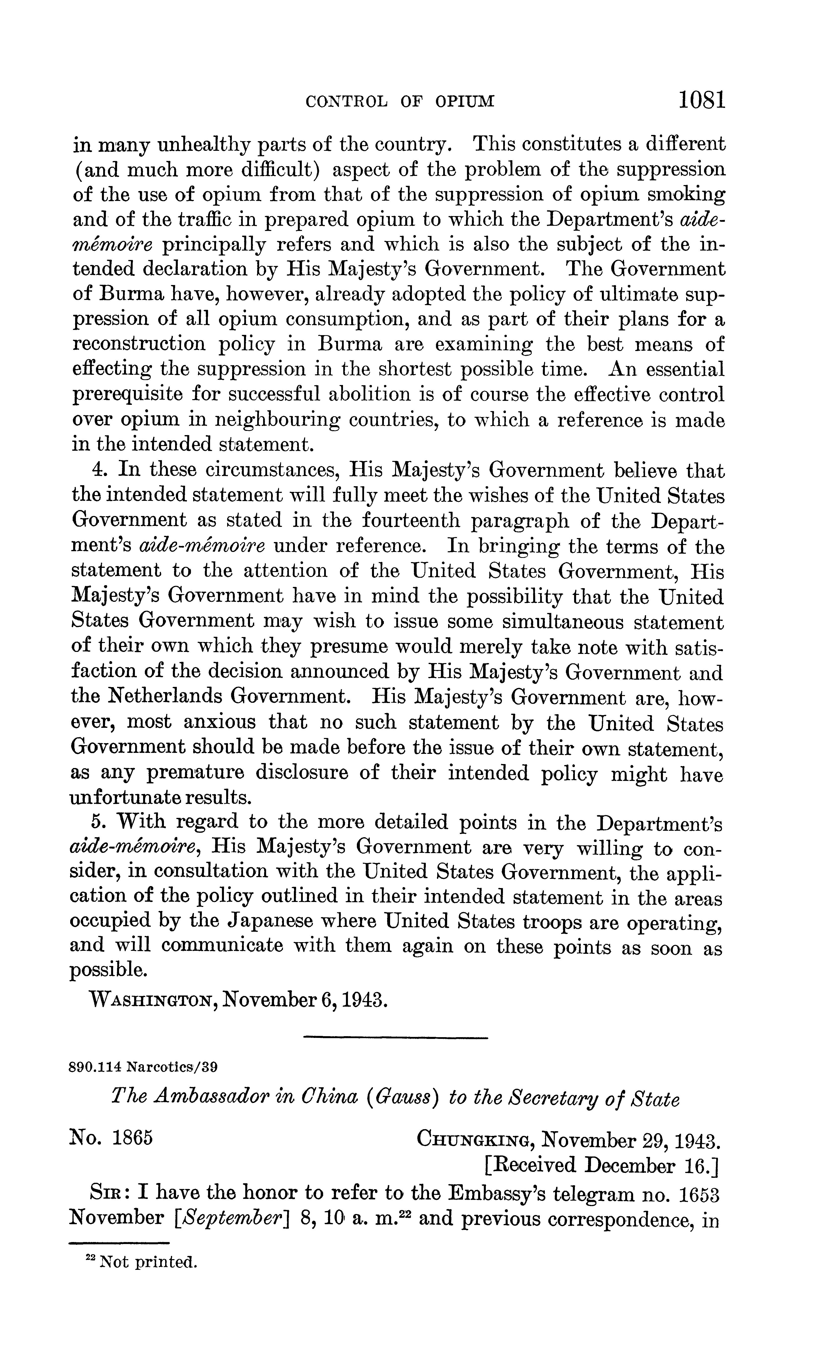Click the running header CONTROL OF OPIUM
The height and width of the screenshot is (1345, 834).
click(400, 101)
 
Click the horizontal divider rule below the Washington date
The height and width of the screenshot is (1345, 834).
click(396, 1038)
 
